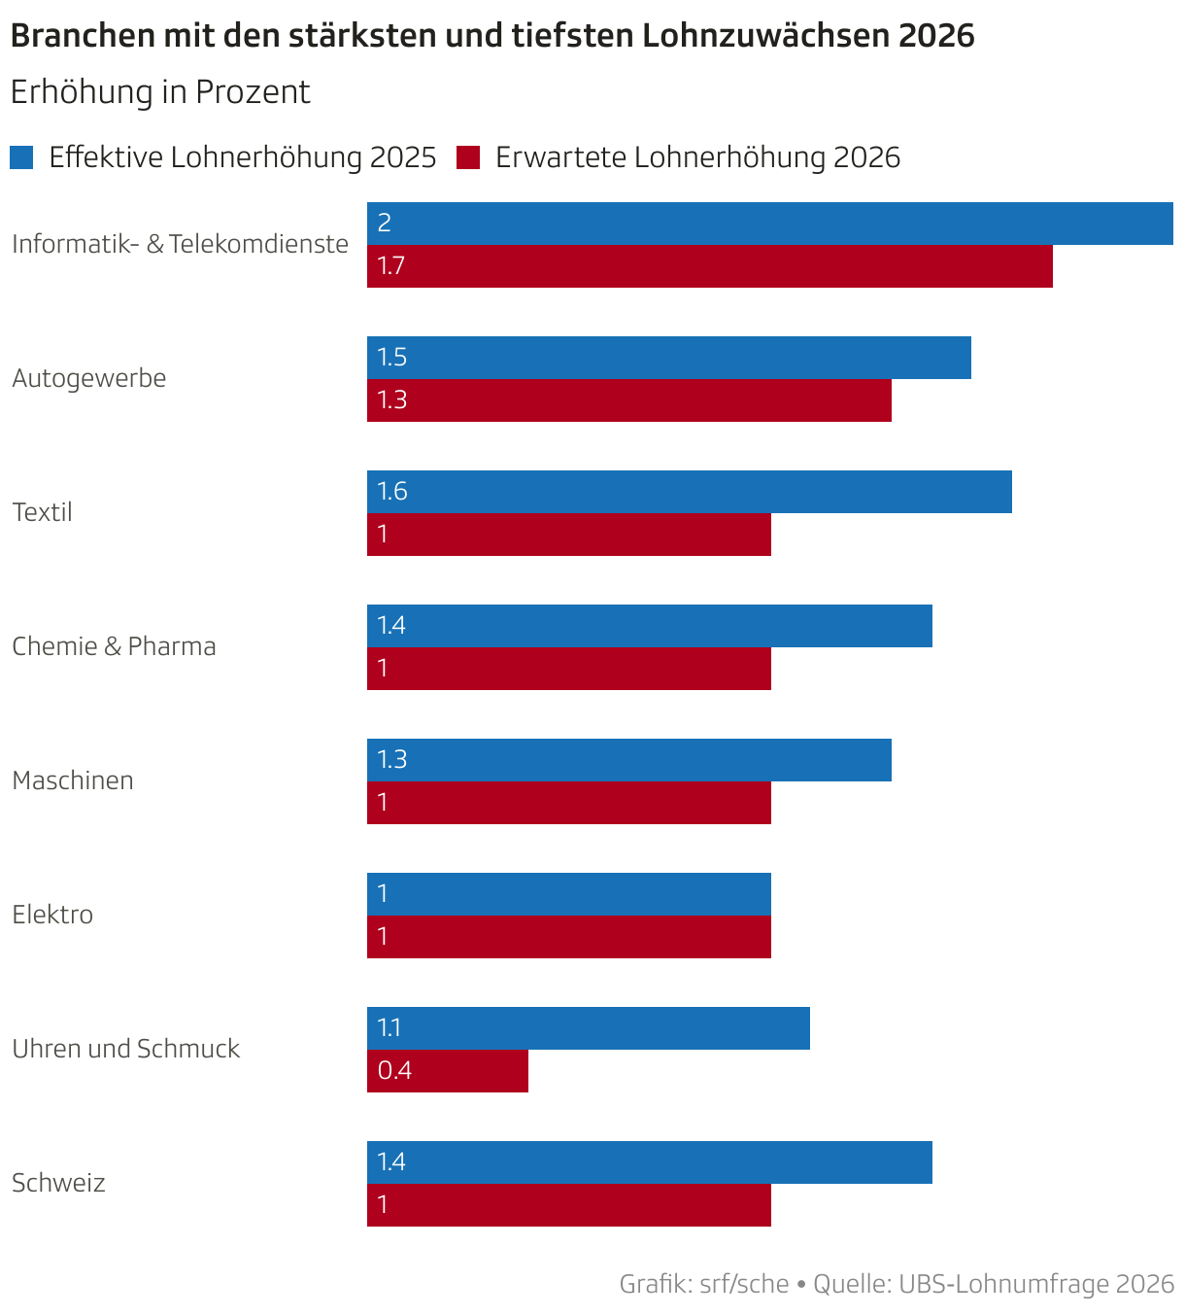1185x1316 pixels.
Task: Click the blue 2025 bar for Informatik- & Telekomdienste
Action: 769,224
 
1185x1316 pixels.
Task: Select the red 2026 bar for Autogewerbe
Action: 628,400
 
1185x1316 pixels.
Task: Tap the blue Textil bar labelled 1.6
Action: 689,492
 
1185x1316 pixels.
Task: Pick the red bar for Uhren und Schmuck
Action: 447,1071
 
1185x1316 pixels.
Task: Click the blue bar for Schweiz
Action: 649,1162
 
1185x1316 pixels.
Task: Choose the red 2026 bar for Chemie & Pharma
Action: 568,669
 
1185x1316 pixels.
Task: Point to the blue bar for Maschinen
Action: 628,760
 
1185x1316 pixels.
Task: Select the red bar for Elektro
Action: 568,937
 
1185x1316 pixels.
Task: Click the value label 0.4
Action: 394,1071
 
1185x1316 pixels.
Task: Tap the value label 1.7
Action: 390,266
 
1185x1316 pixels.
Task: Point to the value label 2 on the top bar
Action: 385,224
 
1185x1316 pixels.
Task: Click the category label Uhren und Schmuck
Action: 125,1049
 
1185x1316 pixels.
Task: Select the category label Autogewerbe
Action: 88,378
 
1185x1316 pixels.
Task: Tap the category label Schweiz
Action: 58,1183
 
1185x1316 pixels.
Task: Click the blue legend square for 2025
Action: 21,157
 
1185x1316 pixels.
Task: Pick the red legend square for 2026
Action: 468,157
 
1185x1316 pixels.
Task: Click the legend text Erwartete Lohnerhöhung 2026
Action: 697,157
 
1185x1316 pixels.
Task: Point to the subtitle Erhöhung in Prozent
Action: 159,92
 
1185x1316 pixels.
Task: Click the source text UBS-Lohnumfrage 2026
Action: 1036,1284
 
